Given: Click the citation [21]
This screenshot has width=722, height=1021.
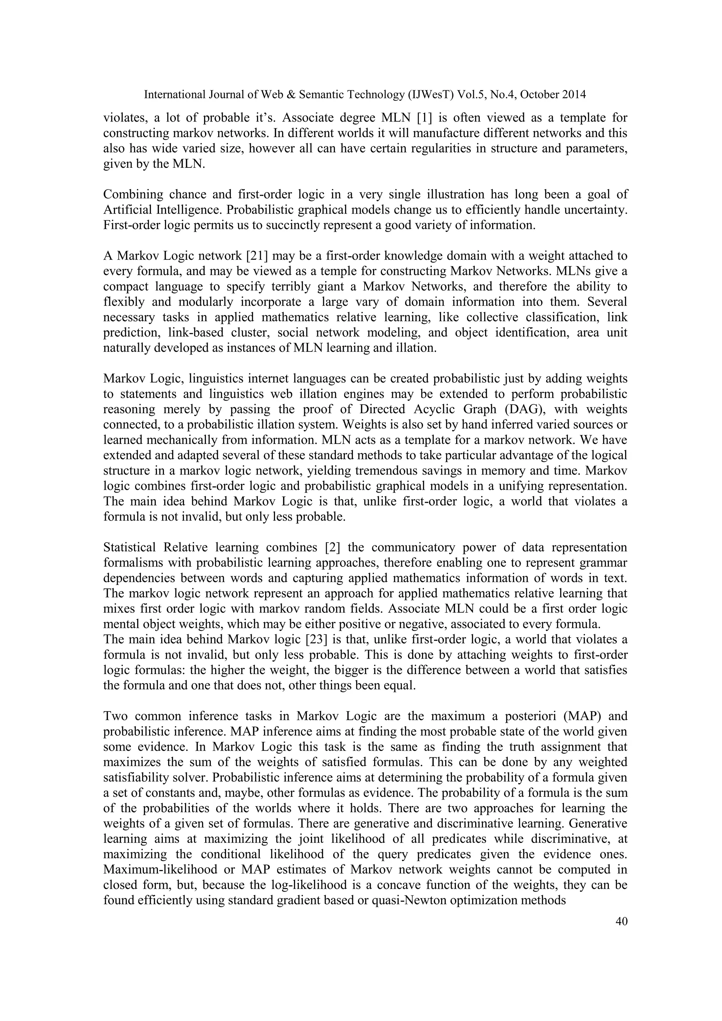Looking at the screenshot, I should click(257, 256).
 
